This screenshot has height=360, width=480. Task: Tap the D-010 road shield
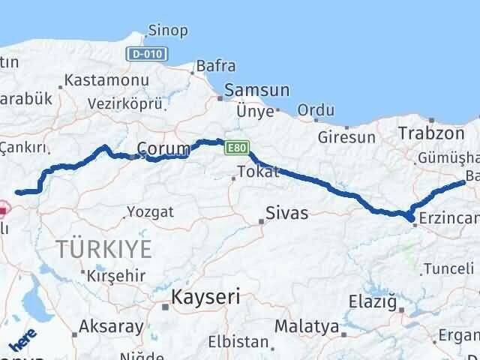tap(148, 55)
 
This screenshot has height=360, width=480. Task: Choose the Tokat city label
tap(257, 172)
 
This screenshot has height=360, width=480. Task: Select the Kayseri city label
tap(205, 296)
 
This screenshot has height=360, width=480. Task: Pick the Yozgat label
tap(150, 211)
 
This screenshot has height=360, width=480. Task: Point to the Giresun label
tap(346, 137)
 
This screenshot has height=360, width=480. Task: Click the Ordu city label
tap(316, 111)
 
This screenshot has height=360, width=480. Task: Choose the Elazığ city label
tap(372, 301)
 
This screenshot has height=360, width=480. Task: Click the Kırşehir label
tap(116, 274)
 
